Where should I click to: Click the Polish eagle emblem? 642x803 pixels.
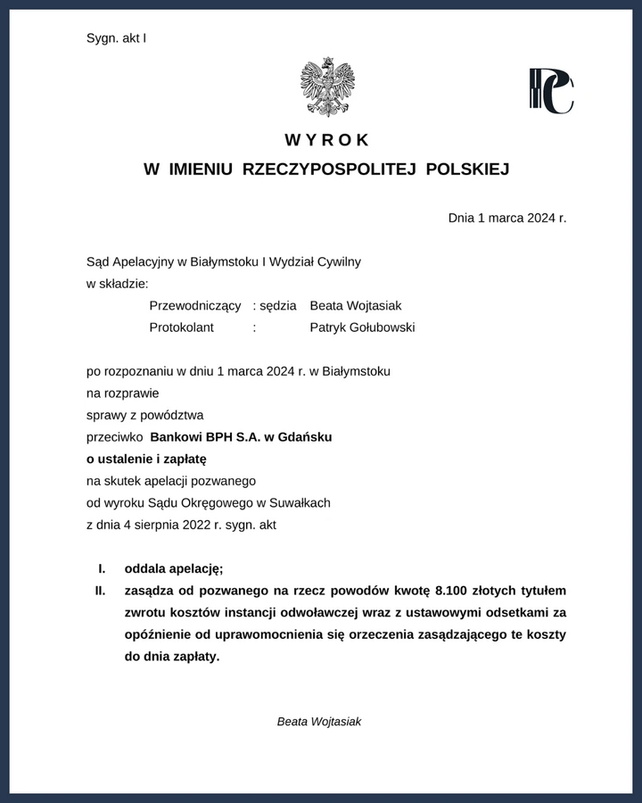(x=327, y=87)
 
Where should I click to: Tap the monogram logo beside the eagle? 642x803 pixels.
(x=551, y=91)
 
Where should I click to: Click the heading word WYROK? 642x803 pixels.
(x=327, y=140)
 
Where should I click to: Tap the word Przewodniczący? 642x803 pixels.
(x=195, y=305)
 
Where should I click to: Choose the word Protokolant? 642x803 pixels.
(x=182, y=327)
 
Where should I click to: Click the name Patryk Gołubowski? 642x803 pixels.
(x=362, y=327)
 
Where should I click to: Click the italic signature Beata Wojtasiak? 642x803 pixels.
(x=319, y=722)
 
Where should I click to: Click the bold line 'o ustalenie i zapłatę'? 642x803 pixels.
(x=146, y=459)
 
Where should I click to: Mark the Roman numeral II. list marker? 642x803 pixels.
(x=101, y=591)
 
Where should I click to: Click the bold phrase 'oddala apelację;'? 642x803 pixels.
(x=174, y=568)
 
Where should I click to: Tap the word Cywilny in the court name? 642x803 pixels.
(x=339, y=261)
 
